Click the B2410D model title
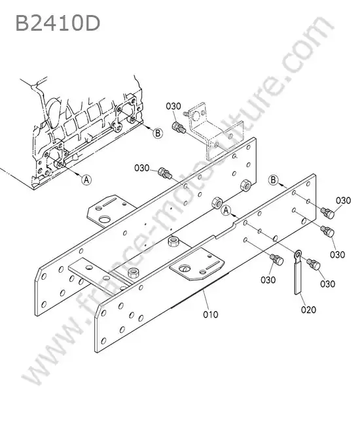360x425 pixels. pyautogui.click(x=58, y=23)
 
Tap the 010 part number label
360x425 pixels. pyautogui.click(x=211, y=314)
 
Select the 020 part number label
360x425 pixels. pyautogui.click(x=308, y=309)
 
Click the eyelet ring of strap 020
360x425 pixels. pyautogui.click(x=298, y=254)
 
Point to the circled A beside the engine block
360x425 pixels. pyautogui.click(x=86, y=179)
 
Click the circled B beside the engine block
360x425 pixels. pyautogui.click(x=158, y=133)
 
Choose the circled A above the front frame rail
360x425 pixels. pyautogui.click(x=226, y=211)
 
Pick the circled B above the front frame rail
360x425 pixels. pyautogui.click(x=273, y=180)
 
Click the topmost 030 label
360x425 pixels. pyautogui.click(x=173, y=106)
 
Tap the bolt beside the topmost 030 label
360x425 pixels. pyautogui.click(x=179, y=127)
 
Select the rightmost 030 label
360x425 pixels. pyautogui.click(x=343, y=201)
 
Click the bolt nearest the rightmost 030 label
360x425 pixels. pyautogui.click(x=327, y=212)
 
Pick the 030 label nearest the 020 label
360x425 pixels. pyautogui.click(x=328, y=284)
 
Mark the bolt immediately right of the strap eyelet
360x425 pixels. pyautogui.click(x=314, y=264)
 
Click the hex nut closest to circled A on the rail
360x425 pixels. pyautogui.click(x=217, y=203)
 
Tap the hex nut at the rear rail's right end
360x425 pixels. pyautogui.click(x=245, y=185)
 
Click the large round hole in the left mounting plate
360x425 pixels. pyautogui.click(x=104, y=220)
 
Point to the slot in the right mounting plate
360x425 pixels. pyautogui.click(x=213, y=265)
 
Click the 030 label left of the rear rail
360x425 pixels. pyautogui.click(x=142, y=168)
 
